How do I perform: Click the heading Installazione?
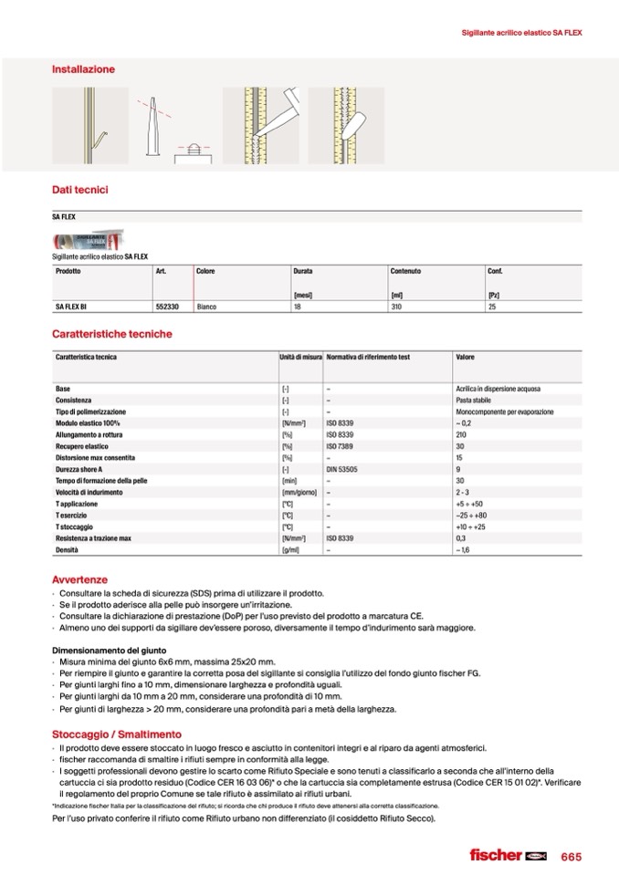[83, 69]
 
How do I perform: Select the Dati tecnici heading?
[80, 190]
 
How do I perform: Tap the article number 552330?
[166, 307]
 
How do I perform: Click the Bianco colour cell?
[206, 307]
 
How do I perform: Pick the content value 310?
[396, 307]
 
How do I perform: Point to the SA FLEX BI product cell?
[71, 307]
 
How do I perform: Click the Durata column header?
[303, 272]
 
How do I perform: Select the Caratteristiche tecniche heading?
[111, 334]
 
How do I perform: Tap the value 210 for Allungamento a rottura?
[460, 434]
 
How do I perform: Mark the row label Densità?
[68, 550]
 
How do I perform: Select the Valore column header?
[465, 357]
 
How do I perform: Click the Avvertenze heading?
[80, 579]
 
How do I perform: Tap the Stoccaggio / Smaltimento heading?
[117, 734]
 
